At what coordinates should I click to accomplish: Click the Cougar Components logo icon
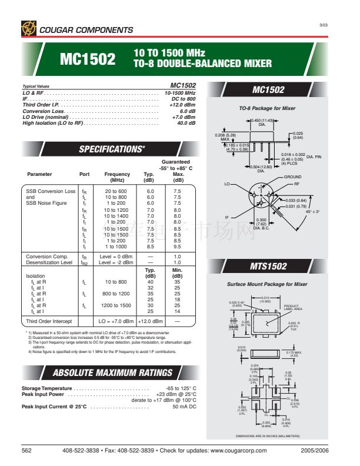[28, 28]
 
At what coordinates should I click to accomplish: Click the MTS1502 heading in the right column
[268, 267]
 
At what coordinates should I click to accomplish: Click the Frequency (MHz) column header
[117, 177]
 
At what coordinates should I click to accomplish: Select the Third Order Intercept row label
[49, 321]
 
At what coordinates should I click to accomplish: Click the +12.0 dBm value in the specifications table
[150, 321]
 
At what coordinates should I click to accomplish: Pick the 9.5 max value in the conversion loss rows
[177, 246]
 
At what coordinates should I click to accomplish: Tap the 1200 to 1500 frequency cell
[117, 305]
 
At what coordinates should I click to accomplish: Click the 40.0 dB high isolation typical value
[186, 123]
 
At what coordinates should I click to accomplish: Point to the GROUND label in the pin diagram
[292, 177]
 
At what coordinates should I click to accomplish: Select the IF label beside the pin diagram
[226, 217]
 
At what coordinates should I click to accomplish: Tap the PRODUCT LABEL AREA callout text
[292, 308]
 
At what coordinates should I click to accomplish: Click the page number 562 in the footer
[26, 450]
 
